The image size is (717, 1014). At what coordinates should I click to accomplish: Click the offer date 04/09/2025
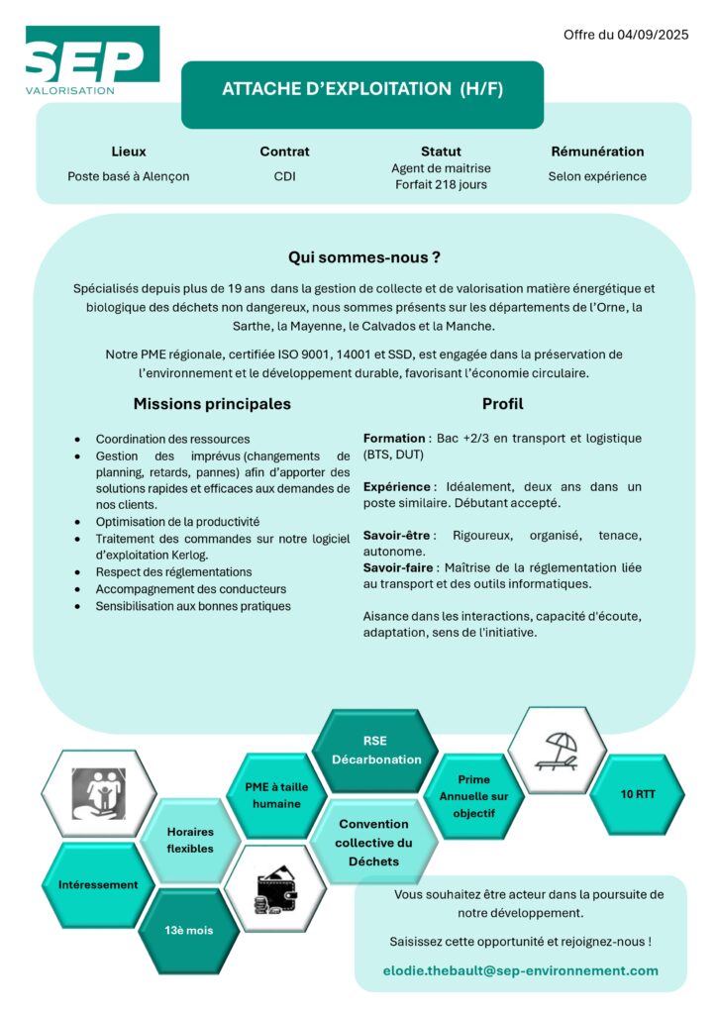click(x=650, y=35)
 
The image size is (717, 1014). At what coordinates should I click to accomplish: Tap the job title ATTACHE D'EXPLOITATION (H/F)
click(x=362, y=89)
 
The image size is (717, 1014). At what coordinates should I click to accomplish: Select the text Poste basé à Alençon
click(x=129, y=176)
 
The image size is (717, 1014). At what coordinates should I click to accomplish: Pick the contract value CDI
click(x=285, y=176)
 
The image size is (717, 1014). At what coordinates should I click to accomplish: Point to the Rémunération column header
click(x=597, y=152)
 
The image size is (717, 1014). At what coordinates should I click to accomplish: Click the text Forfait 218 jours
click(x=441, y=184)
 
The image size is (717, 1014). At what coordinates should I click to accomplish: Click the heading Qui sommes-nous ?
click(x=363, y=257)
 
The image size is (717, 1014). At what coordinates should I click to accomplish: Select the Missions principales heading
click(x=212, y=404)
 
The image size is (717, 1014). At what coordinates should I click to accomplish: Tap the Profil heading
click(x=502, y=404)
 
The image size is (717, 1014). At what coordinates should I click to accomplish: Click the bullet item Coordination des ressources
click(x=172, y=439)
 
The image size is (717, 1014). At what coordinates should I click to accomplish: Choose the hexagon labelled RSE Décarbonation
click(x=376, y=751)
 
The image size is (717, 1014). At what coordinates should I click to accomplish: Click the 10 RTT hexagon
click(x=637, y=794)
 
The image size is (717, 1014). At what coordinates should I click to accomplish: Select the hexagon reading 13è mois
click(x=188, y=930)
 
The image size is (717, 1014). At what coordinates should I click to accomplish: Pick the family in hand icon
click(x=99, y=793)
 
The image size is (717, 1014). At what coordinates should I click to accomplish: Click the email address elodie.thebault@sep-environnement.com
click(x=520, y=970)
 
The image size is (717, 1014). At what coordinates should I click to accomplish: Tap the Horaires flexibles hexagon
click(x=189, y=840)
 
